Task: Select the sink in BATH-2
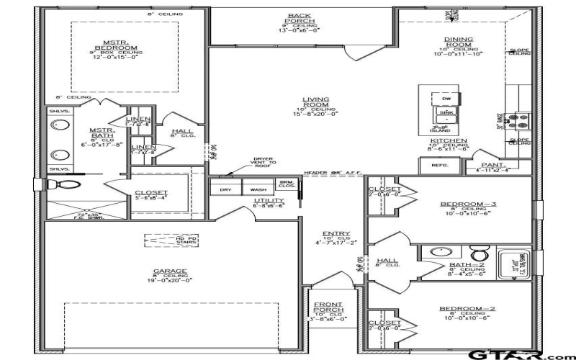tap(437, 253)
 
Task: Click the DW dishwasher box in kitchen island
tap(446, 99)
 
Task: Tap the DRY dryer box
tap(225, 190)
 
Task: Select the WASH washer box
tap(258, 190)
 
